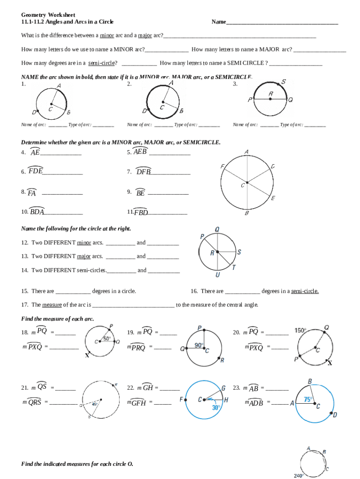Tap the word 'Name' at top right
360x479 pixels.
(219, 22)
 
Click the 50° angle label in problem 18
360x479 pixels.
(107, 338)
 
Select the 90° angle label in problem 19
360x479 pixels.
(199, 345)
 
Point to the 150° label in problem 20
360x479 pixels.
(301, 330)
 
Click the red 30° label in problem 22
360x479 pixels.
(216, 407)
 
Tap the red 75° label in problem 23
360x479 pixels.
(309, 399)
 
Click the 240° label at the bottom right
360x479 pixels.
(300, 475)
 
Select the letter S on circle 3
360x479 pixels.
(283, 82)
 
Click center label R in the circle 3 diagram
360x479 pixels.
(271, 94)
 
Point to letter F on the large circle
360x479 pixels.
(223, 167)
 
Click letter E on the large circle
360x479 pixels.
(273, 198)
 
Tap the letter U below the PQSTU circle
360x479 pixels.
(218, 275)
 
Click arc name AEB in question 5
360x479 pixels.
(140, 152)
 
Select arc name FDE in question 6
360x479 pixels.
(36, 171)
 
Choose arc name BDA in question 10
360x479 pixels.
(37, 212)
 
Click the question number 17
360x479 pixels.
(25, 305)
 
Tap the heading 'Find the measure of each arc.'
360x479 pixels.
(58, 319)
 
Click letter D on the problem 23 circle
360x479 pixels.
(335, 414)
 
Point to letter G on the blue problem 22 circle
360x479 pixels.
(223, 388)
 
